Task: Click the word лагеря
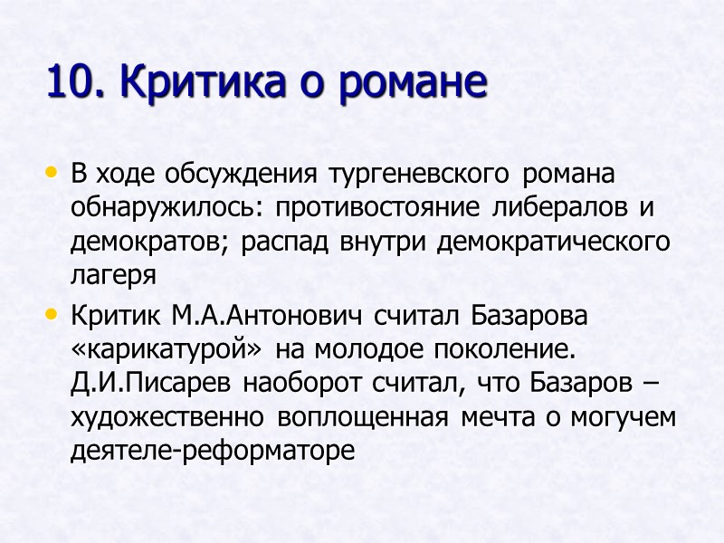click(113, 276)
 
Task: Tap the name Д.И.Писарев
click(152, 386)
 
